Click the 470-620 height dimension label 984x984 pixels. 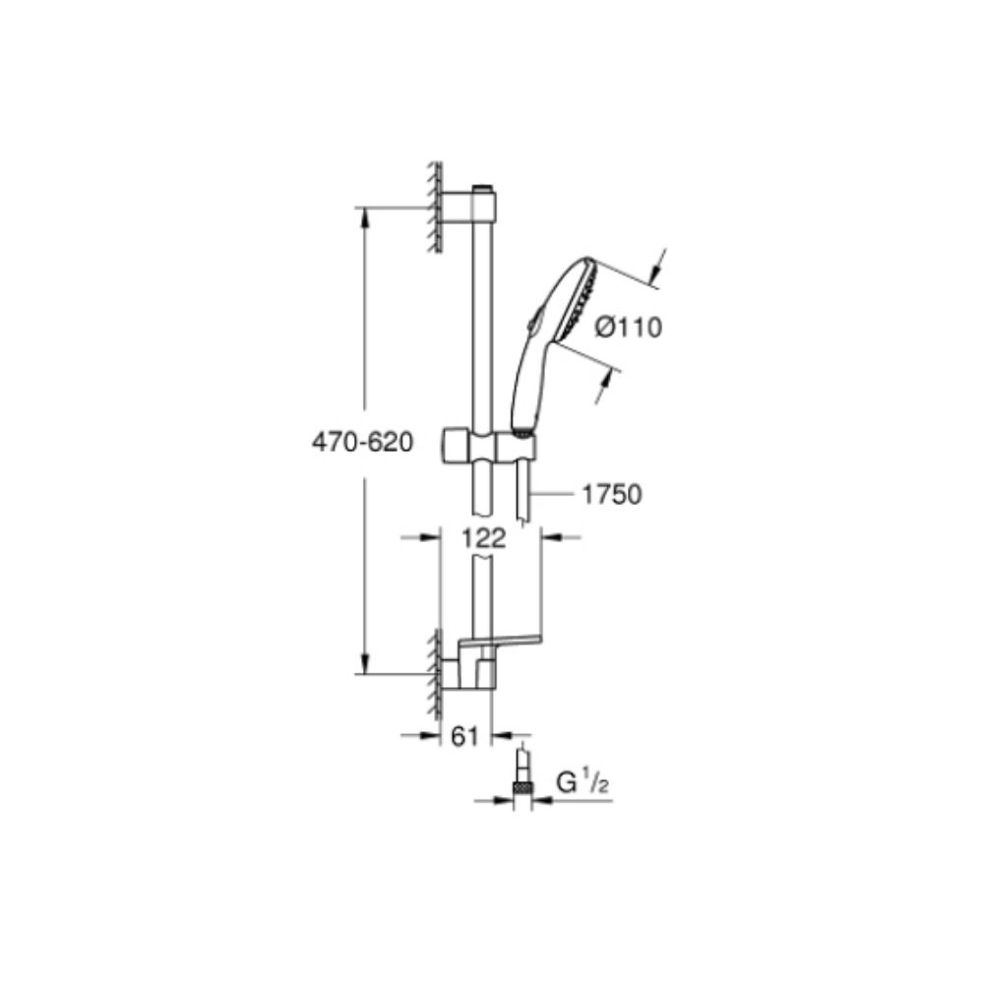359,443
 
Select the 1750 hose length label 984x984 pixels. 611,494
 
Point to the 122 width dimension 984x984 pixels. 482,538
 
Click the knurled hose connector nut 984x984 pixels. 522,785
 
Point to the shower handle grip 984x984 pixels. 526,389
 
